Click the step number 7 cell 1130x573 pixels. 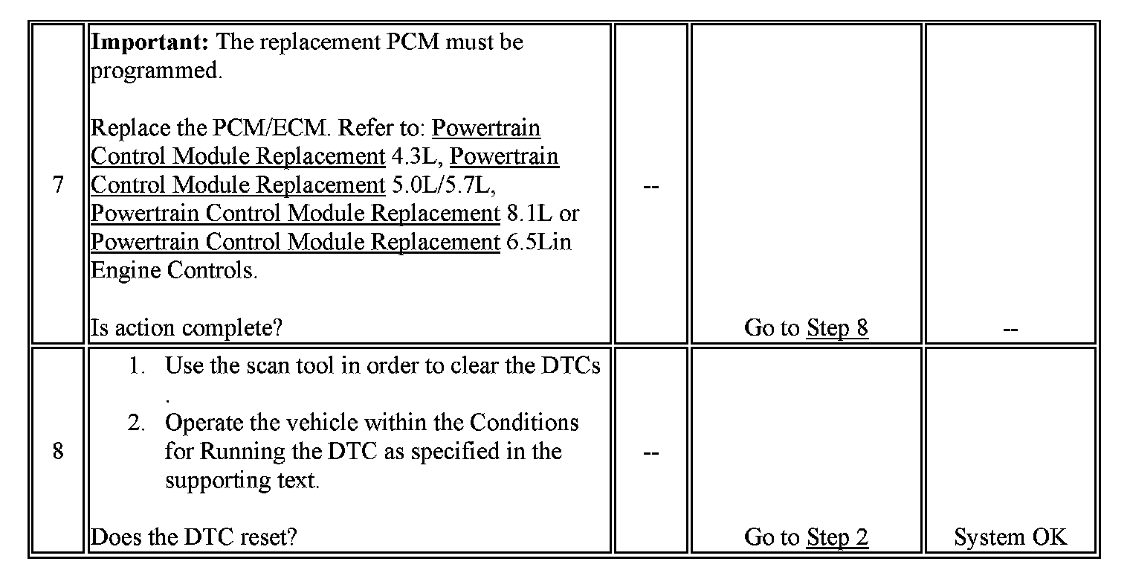58,185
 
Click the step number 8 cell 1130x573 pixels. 58,452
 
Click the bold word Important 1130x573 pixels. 149,42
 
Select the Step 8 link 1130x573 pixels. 837,327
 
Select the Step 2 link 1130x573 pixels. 837,537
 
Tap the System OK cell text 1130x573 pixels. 1010,537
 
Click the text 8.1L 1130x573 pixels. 531,214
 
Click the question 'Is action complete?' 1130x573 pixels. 187,327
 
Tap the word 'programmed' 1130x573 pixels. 154,71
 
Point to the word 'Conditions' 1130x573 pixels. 523,423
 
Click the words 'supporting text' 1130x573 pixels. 241,480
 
